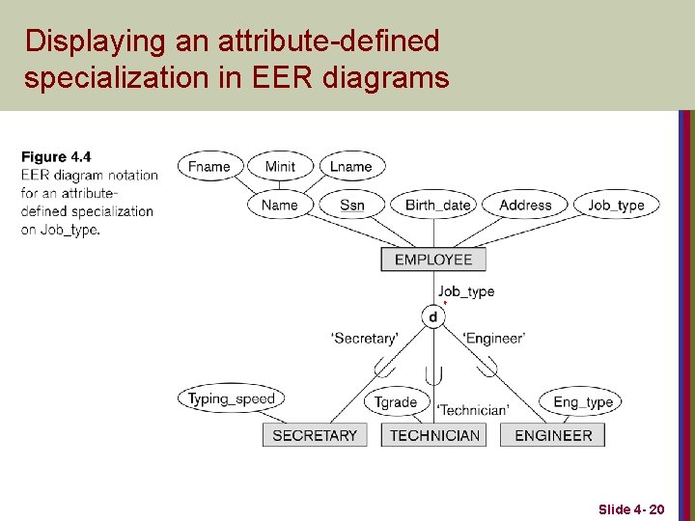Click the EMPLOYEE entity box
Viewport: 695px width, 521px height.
433,260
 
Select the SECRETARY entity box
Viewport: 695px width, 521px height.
315,435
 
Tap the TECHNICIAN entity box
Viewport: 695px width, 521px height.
434,435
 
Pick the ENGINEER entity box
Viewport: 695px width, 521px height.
553,435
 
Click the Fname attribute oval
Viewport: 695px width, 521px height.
209,166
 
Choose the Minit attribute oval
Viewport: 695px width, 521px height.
280,166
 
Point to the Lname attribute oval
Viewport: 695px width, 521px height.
350,166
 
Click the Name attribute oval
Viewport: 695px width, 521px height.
280,205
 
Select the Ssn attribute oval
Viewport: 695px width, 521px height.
352,205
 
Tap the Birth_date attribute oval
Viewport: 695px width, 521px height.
438,205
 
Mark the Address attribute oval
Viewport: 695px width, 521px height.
525,205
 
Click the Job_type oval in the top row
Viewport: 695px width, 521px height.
616,205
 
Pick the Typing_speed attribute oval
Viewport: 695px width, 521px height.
232,398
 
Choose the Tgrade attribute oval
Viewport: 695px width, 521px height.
396,401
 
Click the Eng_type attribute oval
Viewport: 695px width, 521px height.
583,401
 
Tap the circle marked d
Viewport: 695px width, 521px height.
432,316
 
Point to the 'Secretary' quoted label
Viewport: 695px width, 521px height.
364,339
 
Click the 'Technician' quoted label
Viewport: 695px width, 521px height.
473,410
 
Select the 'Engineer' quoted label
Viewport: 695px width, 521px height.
494,339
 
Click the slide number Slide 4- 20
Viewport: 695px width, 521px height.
630,508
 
